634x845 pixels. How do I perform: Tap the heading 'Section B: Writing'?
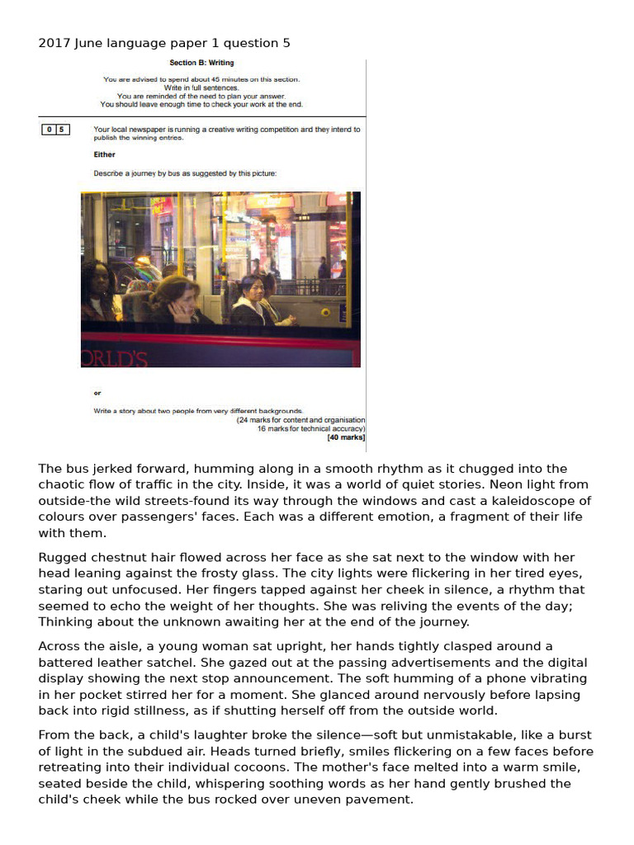point(201,63)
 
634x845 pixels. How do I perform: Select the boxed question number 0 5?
point(56,130)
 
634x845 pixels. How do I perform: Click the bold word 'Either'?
point(105,154)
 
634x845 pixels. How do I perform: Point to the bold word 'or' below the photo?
point(97,393)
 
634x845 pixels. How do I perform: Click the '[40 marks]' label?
point(346,437)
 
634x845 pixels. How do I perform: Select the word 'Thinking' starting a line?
point(67,621)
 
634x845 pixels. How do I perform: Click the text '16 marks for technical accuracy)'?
point(311,429)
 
